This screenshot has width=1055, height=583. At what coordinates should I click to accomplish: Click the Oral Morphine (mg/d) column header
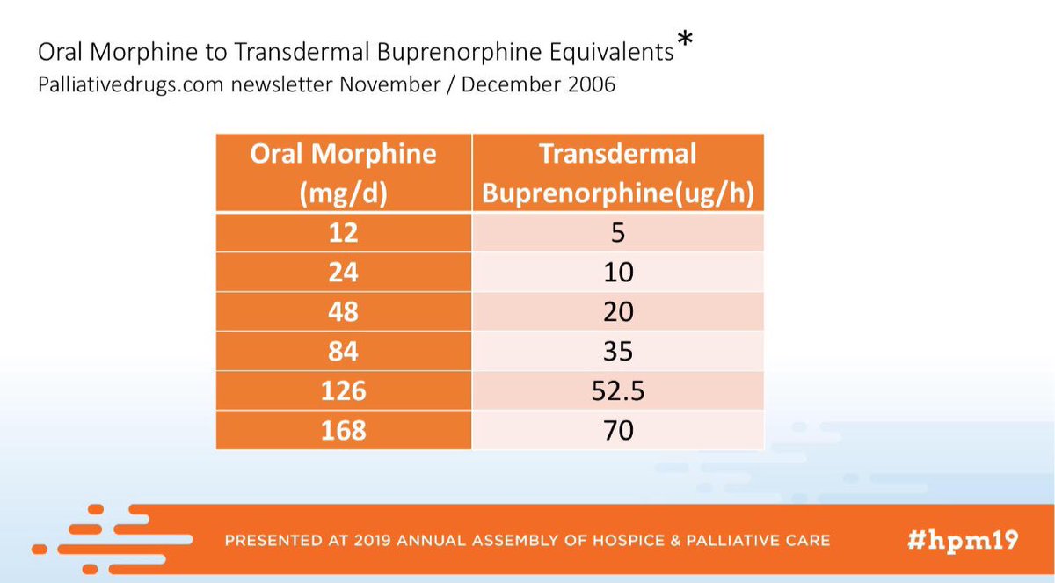tap(343, 172)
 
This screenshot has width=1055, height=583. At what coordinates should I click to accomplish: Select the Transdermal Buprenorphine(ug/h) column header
tap(618, 172)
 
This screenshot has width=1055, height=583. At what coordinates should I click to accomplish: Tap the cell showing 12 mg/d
tap(343, 232)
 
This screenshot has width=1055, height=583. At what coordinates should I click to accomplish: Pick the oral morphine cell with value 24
tap(343, 272)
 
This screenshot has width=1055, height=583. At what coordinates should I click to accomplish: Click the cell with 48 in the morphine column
tap(343, 311)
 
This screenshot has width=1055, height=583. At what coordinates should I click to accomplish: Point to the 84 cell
tap(343, 351)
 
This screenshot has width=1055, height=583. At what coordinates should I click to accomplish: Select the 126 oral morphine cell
tap(343, 390)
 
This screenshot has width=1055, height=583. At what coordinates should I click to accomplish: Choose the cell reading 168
tap(343, 430)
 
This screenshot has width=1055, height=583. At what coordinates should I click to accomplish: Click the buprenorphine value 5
tap(618, 232)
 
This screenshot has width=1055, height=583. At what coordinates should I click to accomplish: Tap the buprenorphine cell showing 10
tap(618, 272)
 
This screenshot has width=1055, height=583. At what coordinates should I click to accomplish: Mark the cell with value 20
tap(618, 311)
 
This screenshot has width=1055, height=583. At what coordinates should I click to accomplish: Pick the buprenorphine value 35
tap(618, 351)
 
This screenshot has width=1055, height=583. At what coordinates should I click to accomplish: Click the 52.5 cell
tap(618, 390)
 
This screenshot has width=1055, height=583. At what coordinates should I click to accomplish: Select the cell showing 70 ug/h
tap(618, 430)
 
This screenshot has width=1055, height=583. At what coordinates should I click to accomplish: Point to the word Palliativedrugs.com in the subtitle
tap(129, 87)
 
